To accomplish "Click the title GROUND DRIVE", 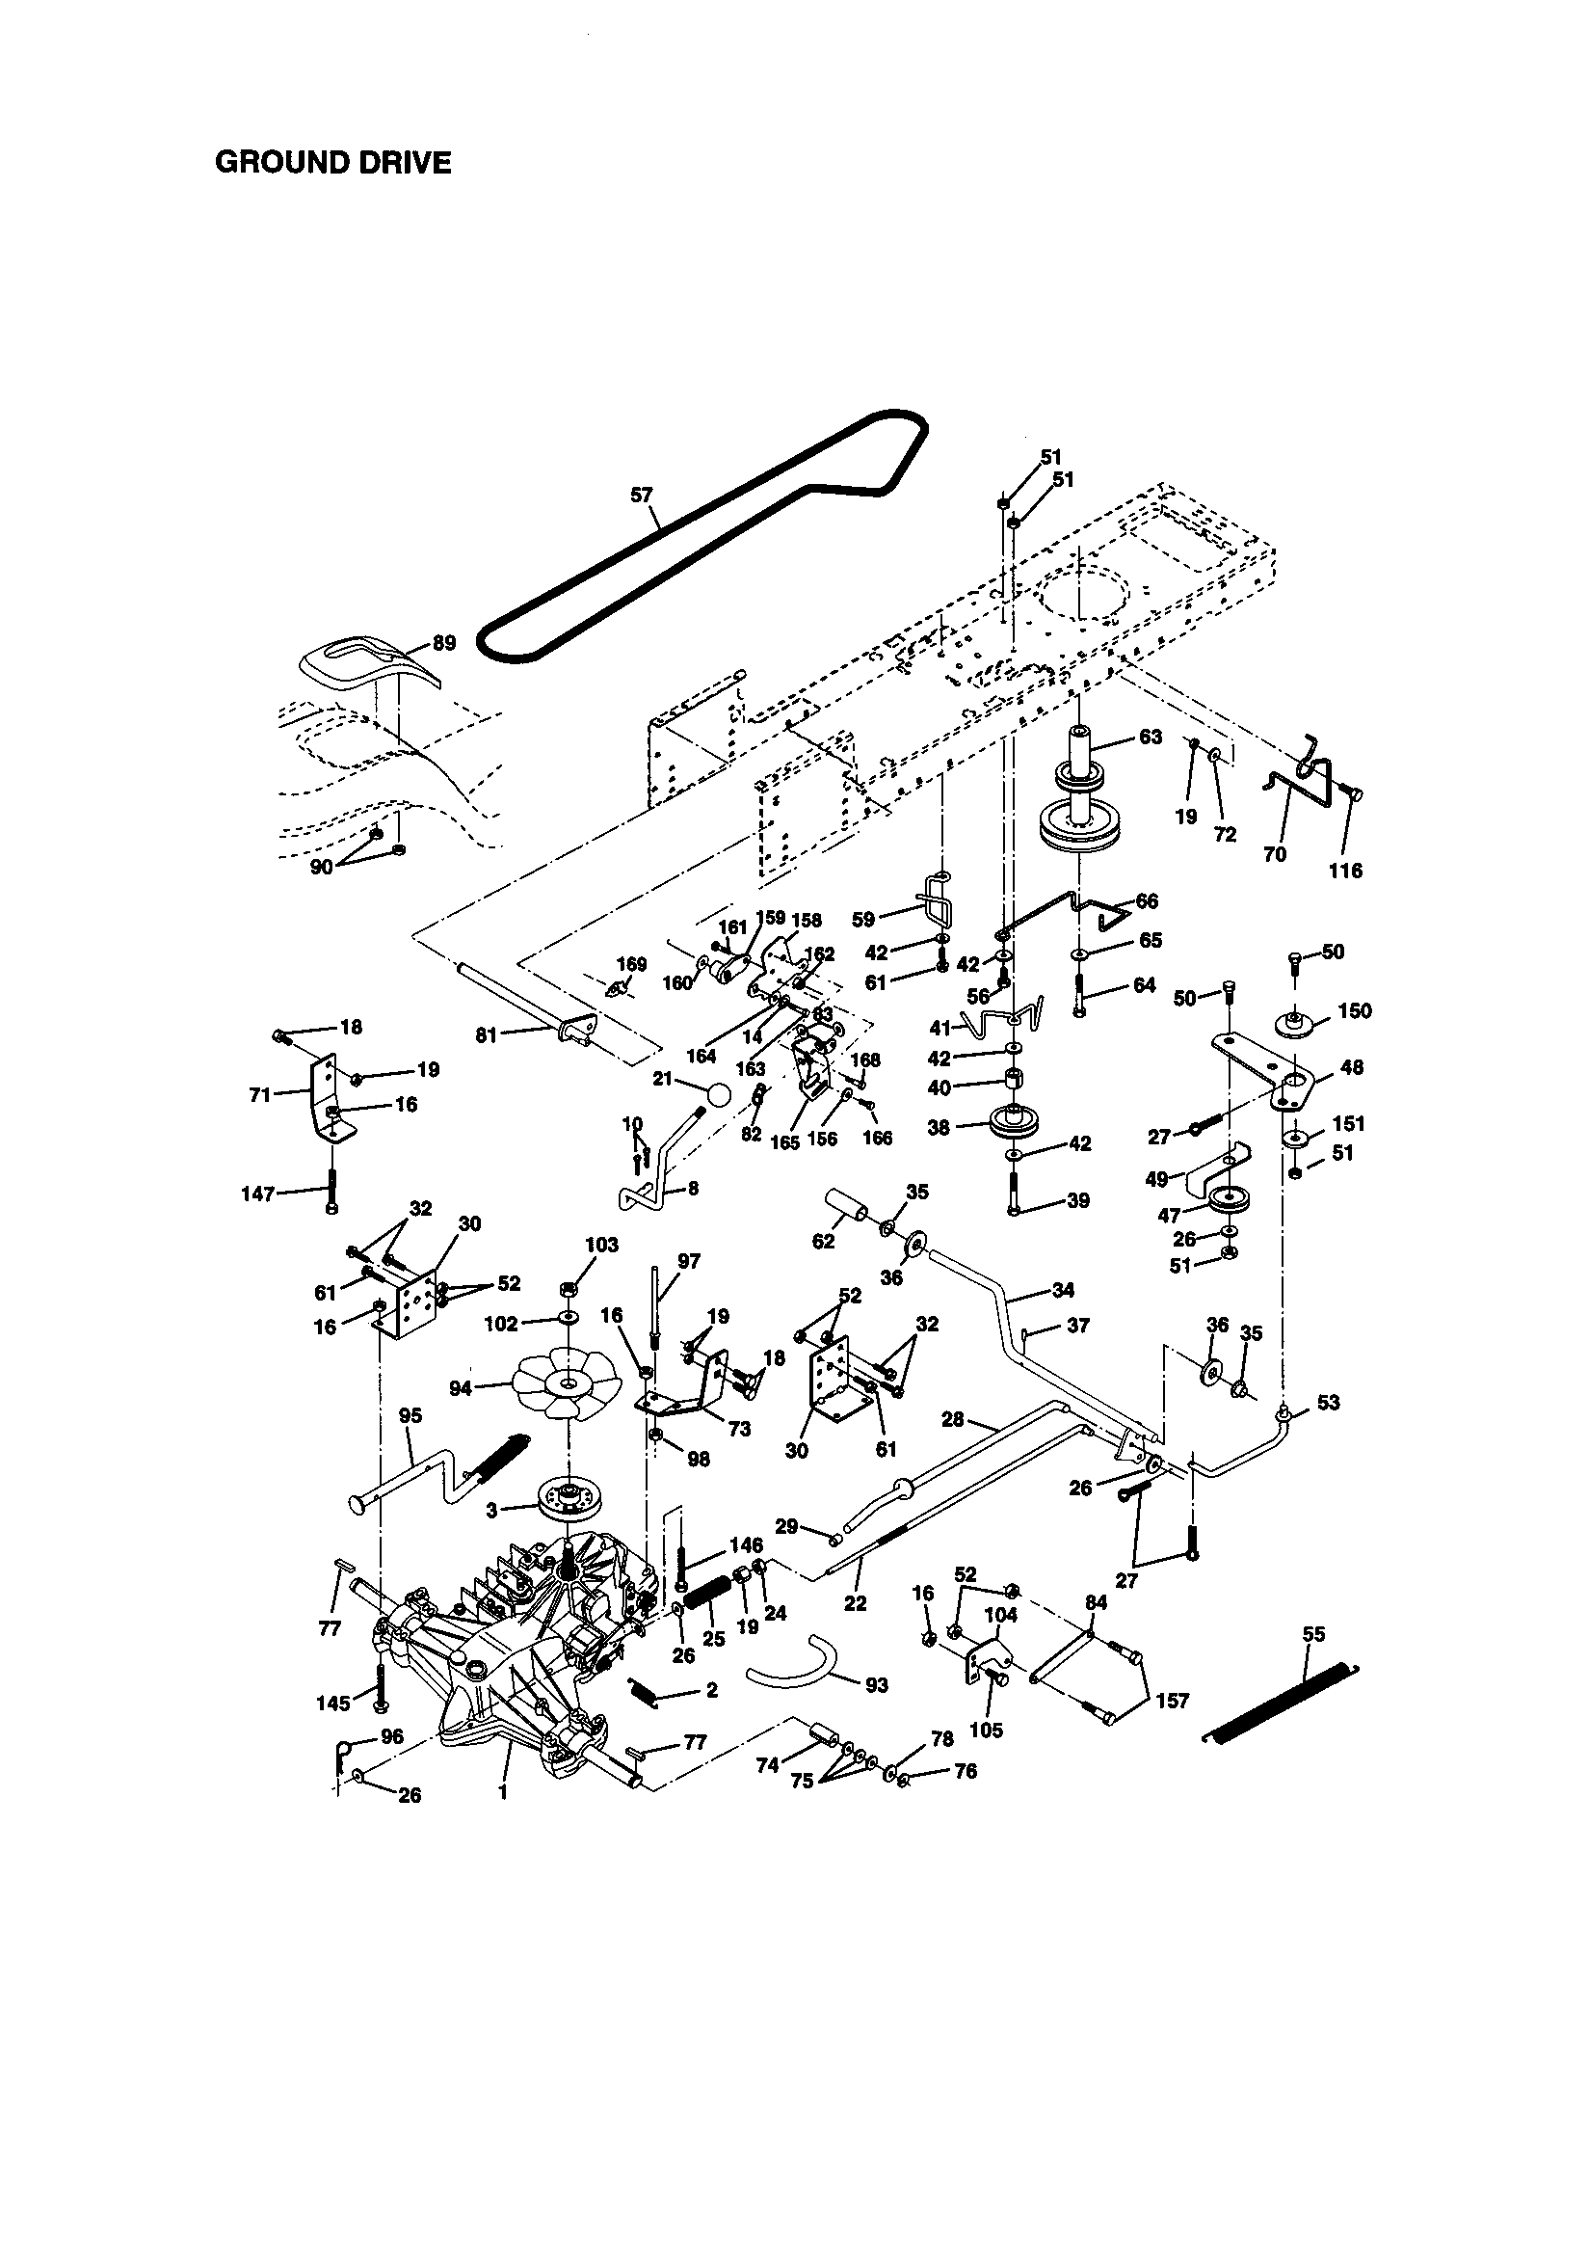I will pos(332,162).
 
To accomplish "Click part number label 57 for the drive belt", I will pos(641,496).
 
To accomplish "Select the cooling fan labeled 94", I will pos(569,1384).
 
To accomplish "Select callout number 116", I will pos(1344,870).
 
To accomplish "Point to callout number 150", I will pos(1355,1010).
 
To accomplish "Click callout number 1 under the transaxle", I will pos(502,1790).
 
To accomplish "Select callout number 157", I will pos(1172,1700).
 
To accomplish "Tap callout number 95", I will pos(410,1414).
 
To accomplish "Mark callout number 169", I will pos(631,964).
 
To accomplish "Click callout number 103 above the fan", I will pos(601,1245).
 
